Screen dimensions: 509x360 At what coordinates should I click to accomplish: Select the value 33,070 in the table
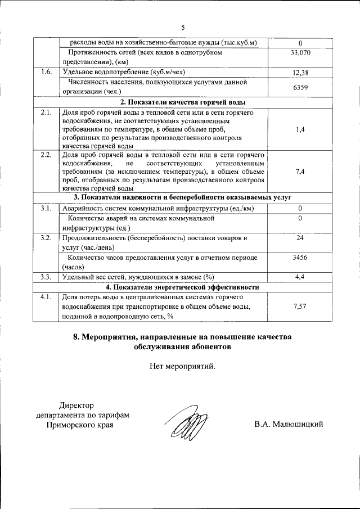coord(300,52)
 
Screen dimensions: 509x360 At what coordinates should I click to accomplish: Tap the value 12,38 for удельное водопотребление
coord(300,73)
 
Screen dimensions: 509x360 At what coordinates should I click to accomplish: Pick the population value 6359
coord(300,87)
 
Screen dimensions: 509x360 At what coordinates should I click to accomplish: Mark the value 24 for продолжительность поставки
coord(300,238)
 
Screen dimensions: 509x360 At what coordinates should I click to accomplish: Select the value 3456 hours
coord(300,258)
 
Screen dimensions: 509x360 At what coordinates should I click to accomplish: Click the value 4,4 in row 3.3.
coord(300,277)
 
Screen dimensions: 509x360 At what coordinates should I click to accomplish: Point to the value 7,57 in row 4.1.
coord(300,307)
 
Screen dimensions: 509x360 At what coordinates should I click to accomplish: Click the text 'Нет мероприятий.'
coord(182,366)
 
